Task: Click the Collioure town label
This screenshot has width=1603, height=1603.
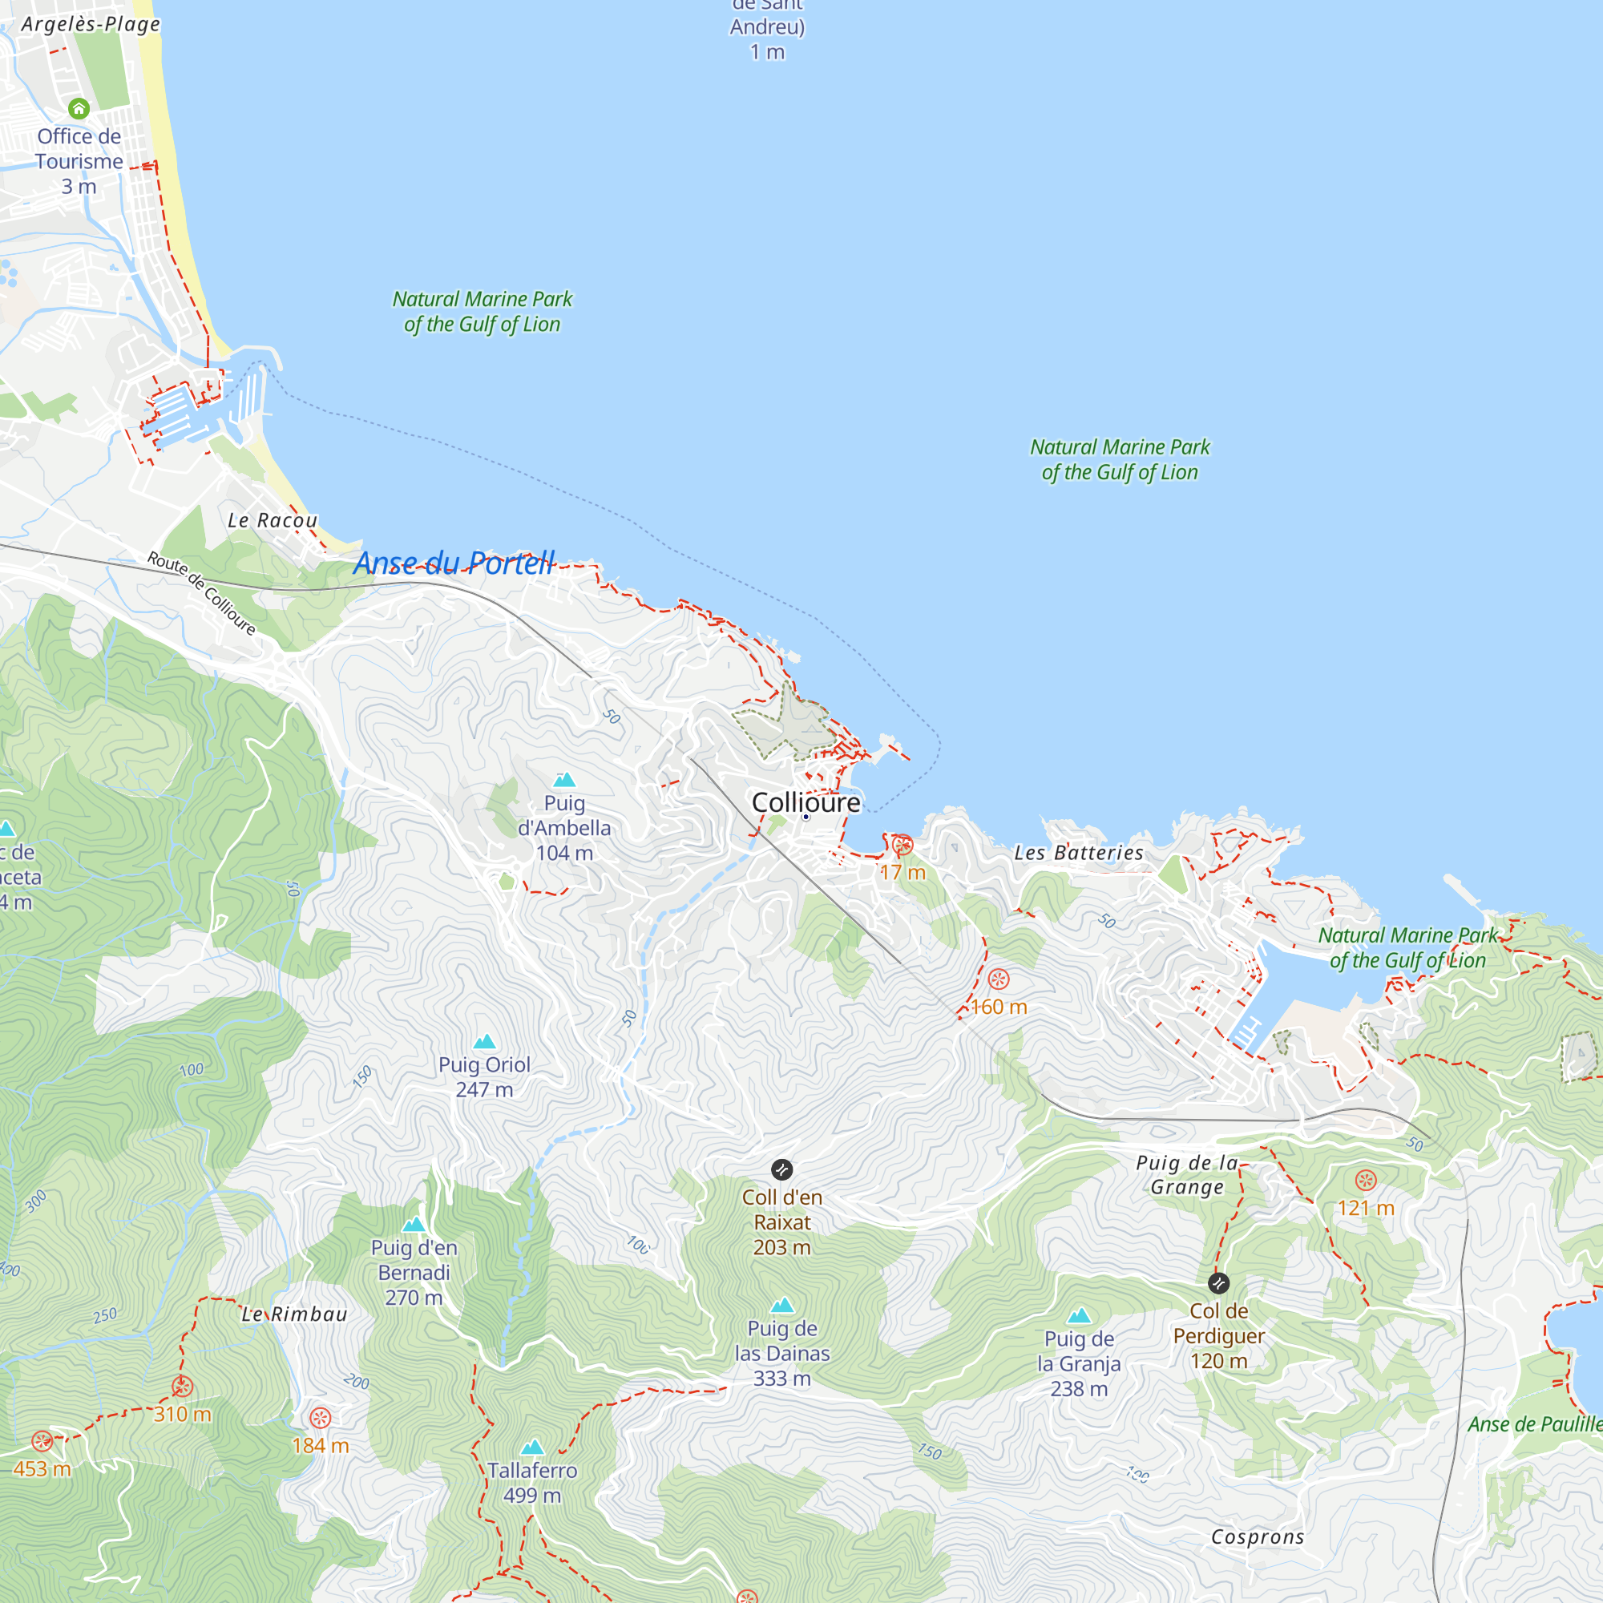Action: click(x=806, y=802)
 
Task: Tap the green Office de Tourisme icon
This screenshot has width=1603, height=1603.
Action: click(x=79, y=109)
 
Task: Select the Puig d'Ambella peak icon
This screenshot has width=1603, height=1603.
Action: click(x=564, y=779)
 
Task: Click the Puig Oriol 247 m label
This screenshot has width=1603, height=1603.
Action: click(x=484, y=1077)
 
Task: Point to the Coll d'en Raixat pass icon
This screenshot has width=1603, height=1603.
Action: click(x=781, y=1170)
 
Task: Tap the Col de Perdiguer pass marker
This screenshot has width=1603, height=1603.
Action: click(x=1218, y=1283)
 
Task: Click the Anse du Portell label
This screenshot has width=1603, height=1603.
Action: click(x=454, y=563)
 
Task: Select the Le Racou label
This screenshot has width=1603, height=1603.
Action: click(x=273, y=520)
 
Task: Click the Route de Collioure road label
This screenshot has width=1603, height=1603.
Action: click(x=202, y=593)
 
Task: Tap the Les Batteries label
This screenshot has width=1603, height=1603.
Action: click(x=1079, y=852)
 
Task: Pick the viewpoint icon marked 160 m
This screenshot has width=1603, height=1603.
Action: click(x=999, y=979)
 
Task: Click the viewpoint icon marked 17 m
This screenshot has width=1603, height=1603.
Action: click(x=902, y=846)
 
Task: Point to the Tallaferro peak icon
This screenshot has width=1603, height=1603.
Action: click(x=532, y=1447)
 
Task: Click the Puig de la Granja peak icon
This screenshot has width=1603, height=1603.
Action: click(x=1079, y=1316)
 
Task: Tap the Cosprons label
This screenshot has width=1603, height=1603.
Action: click(x=1257, y=1536)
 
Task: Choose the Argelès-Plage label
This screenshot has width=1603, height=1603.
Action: click(x=91, y=24)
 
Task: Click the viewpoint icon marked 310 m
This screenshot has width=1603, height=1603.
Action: click(x=183, y=1387)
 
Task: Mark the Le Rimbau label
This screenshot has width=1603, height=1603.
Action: click(x=294, y=1314)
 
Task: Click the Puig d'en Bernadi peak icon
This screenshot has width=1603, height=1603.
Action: click(x=414, y=1225)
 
